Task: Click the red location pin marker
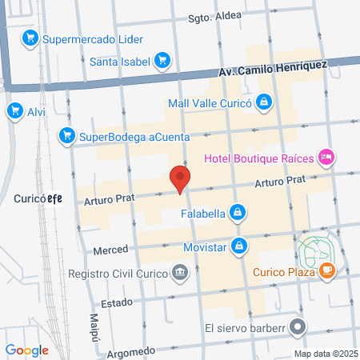[180, 178]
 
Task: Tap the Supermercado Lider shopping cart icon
[31, 38]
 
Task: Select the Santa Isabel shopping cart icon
[162, 60]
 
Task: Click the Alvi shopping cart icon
[14, 111]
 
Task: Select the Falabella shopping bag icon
[237, 212]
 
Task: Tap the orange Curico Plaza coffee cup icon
[326, 272]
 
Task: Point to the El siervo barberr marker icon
[298, 326]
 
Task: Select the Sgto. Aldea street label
[215, 18]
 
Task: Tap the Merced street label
[110, 250]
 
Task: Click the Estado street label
[109, 303]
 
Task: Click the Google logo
[26, 350]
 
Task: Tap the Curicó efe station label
[38, 198]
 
